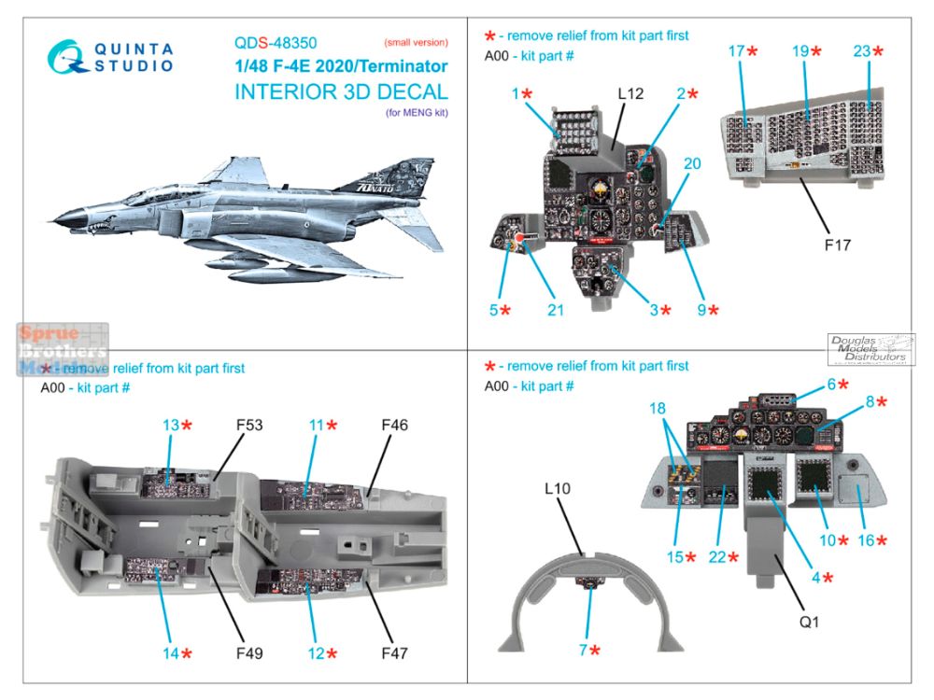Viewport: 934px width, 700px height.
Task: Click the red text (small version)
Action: tap(416, 43)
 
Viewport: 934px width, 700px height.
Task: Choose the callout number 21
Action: tap(556, 310)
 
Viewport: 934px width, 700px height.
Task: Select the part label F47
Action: tap(394, 653)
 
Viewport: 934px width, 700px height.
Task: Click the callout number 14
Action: tap(170, 653)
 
